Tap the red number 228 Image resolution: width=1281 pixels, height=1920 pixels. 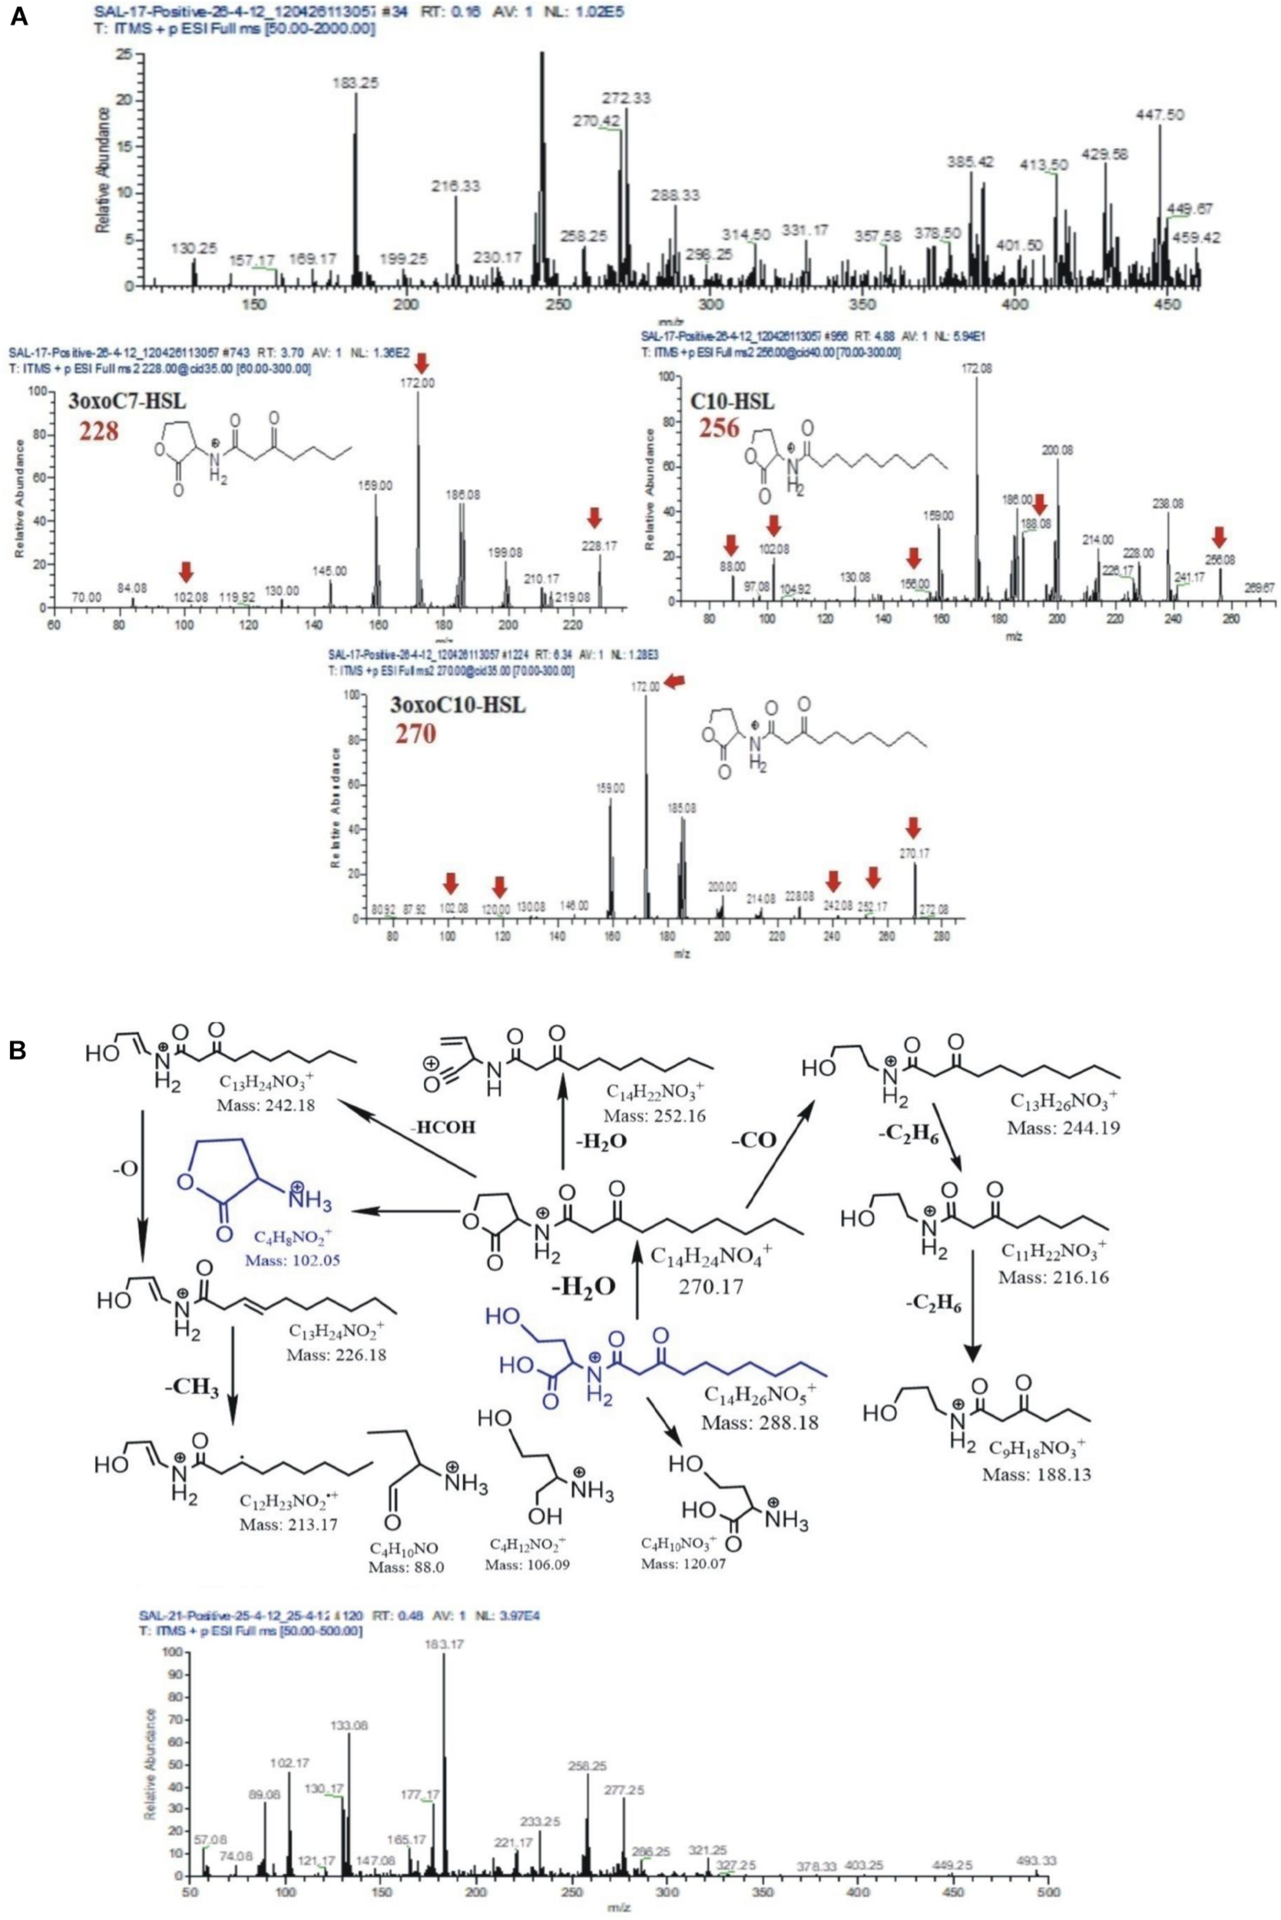click(x=98, y=431)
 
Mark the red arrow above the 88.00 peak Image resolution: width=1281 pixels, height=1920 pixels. click(x=731, y=543)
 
